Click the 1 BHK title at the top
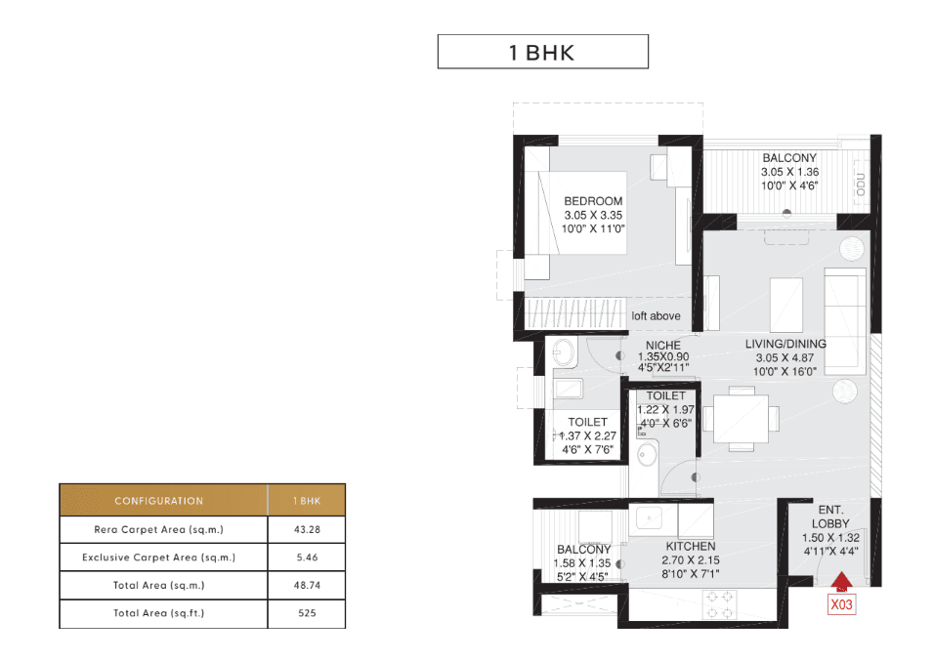click(542, 53)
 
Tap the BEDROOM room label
click(592, 201)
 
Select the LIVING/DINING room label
click(785, 344)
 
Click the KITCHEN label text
click(691, 547)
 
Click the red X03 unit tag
click(841, 604)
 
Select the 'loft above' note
click(656, 316)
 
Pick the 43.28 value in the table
click(306, 529)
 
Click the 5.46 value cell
click(306, 558)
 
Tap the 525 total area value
click(306, 613)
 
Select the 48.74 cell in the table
click(306, 586)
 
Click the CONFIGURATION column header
click(159, 501)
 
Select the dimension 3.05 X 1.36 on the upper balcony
click(788, 172)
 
